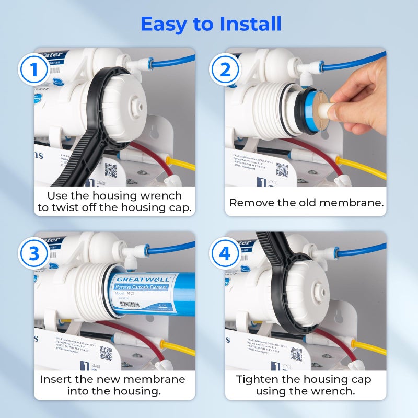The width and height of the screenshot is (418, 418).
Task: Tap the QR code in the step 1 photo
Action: tap(111, 170)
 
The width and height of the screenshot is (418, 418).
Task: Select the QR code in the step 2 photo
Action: tap(282, 170)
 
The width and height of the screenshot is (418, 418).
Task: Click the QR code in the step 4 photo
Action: tap(296, 354)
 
